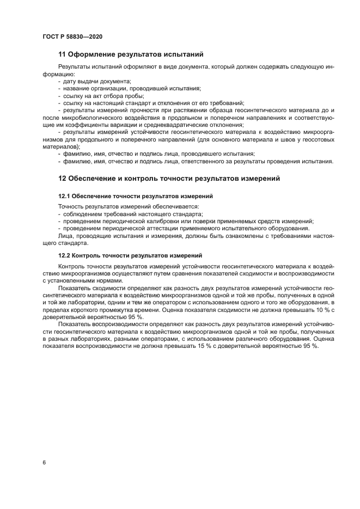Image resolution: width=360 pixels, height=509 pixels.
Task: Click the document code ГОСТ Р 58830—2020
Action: pos(72,36)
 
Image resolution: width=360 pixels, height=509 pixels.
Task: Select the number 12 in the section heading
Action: pos(62,178)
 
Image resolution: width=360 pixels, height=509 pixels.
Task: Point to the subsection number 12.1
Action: pos(64,195)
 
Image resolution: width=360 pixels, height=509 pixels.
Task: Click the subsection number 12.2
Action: pos(64,255)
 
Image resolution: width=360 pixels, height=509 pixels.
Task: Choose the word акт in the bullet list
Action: pos(97,95)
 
